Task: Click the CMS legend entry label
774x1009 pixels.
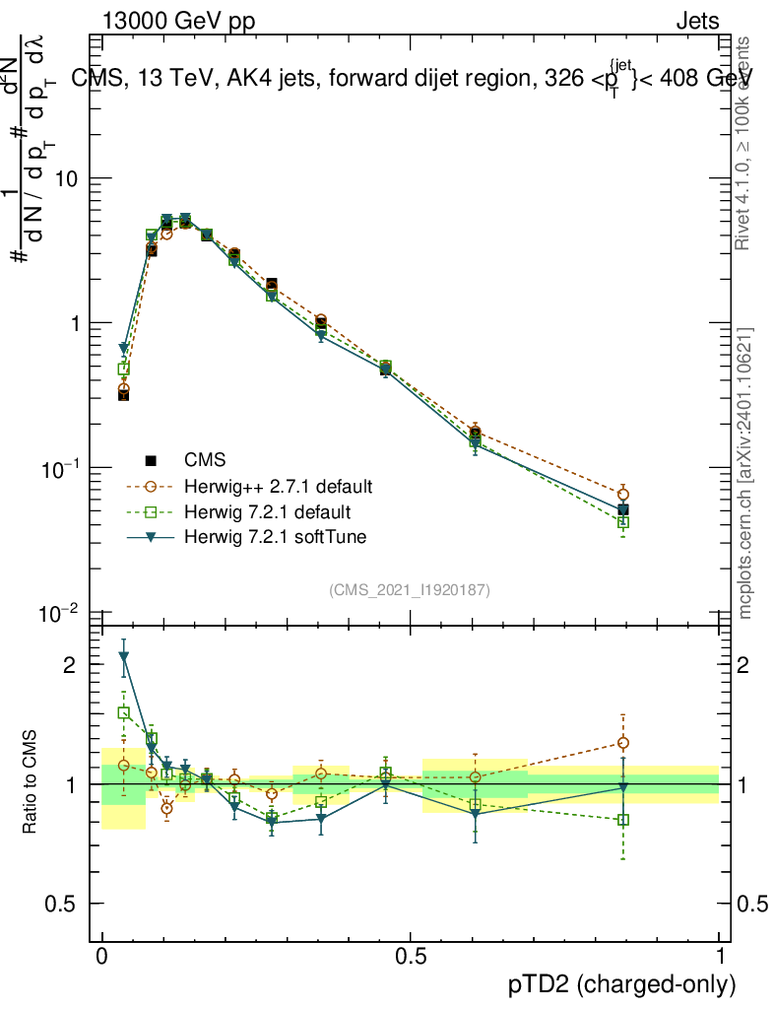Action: tap(205, 460)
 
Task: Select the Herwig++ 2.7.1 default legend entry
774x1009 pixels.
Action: tap(277, 487)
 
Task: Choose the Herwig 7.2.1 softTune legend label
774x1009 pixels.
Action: tap(269, 537)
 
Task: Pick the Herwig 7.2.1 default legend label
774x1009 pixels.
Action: tap(267, 512)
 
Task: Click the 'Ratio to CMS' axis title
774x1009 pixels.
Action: tap(31, 783)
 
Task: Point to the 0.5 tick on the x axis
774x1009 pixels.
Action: tap(411, 956)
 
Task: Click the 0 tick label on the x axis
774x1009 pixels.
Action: tap(101, 956)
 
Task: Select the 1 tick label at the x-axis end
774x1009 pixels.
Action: tap(720, 956)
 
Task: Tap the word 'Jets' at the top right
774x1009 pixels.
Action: tap(697, 22)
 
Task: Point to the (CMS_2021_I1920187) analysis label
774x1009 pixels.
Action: tap(410, 590)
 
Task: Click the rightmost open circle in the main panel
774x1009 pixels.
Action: tap(622, 495)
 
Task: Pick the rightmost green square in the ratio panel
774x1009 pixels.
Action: tap(622, 820)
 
